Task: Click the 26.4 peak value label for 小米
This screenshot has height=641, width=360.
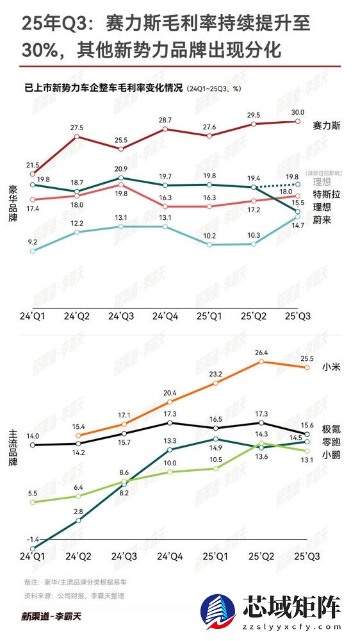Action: (x=261, y=351)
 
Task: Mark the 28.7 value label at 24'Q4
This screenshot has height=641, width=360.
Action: (x=165, y=120)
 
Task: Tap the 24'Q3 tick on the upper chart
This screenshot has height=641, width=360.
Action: (x=121, y=316)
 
